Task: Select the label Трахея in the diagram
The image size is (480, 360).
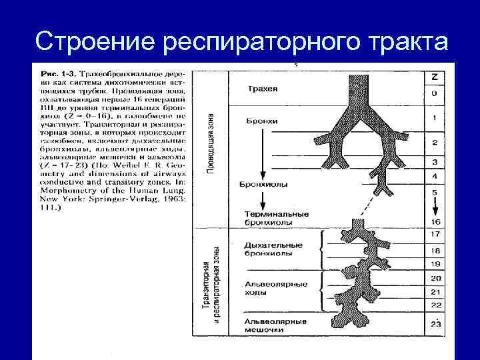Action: (x=262, y=89)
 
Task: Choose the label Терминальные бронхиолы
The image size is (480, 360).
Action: (x=277, y=217)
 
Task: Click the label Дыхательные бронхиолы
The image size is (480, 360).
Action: (x=274, y=249)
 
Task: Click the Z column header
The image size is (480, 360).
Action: (x=434, y=77)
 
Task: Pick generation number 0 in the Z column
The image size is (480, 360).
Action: (x=434, y=93)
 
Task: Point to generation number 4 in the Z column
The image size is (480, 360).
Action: (x=434, y=176)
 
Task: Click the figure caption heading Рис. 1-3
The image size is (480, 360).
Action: (x=57, y=71)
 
